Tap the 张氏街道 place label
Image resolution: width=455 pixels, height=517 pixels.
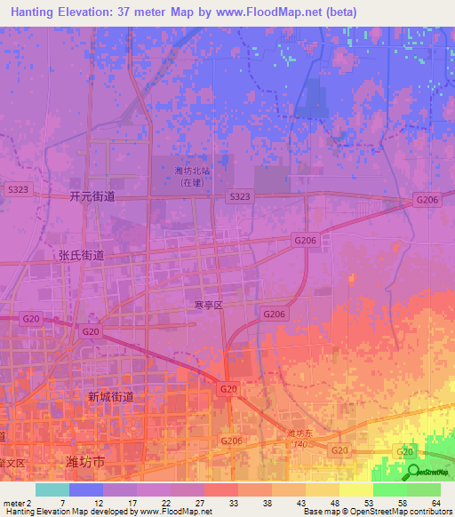coord(82,254)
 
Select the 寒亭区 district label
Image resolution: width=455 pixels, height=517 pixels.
coord(209,305)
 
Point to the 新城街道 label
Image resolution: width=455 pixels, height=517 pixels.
coord(111,397)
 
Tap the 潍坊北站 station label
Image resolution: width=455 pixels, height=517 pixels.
coord(193,171)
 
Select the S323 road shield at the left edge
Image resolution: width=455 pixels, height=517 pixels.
coord(17,190)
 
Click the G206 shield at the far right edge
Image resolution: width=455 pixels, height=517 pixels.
coord(427,201)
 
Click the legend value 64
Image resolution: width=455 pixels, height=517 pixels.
coord(435,503)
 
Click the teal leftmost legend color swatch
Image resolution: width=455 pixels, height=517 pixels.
coord(52,489)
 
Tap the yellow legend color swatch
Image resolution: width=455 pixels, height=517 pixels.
coord(356,489)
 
